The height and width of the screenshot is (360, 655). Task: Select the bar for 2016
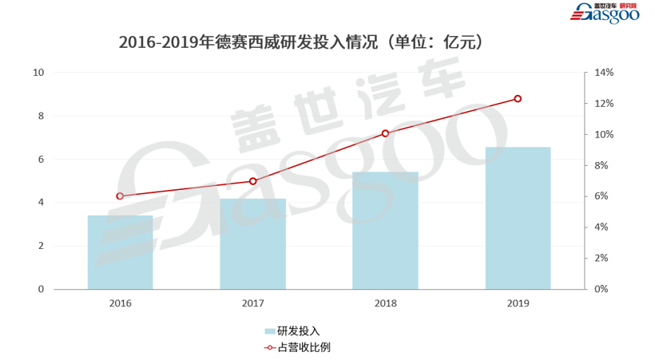(120, 252)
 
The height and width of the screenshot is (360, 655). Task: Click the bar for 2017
(252, 243)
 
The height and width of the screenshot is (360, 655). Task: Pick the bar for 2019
(518, 218)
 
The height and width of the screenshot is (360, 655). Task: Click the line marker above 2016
(120, 196)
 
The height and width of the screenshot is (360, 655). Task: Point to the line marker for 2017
(252, 181)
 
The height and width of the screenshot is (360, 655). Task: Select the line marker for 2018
(385, 133)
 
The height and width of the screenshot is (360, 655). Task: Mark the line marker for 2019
(518, 99)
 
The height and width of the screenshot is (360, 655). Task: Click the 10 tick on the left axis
(38, 73)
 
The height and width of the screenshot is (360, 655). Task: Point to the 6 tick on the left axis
(41, 160)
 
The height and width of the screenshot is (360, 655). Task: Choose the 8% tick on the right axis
(601, 165)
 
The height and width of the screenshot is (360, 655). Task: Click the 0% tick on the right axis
(601, 289)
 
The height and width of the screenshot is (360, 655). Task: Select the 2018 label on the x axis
(385, 304)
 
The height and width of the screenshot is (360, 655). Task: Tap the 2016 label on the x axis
(120, 304)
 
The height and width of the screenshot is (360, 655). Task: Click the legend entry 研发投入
(298, 330)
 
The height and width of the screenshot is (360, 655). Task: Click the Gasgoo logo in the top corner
(609, 14)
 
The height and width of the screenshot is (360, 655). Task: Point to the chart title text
(300, 42)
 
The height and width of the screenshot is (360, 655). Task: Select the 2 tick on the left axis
(41, 246)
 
